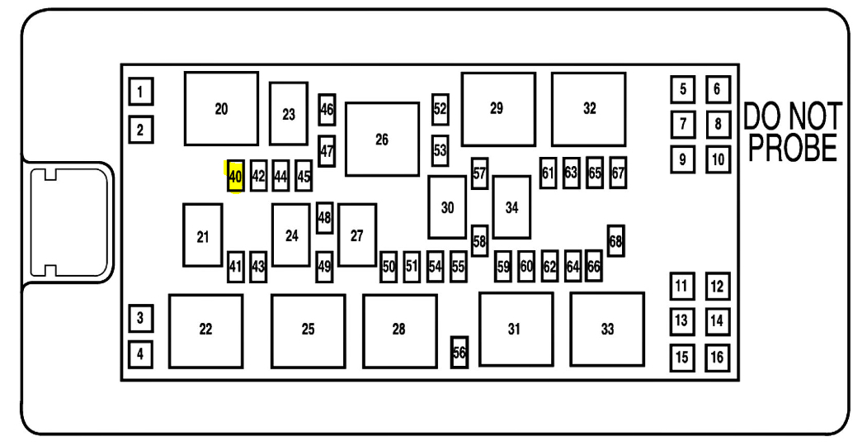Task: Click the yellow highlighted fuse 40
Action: coord(235,176)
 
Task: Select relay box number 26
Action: coord(382,140)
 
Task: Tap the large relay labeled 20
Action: coord(221,108)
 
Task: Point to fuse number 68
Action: coord(615,240)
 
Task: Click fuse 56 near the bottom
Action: coord(459,352)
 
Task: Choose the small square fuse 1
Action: coord(141,92)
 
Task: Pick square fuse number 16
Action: coord(717,358)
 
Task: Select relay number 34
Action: coord(511,207)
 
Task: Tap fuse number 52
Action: coord(441,108)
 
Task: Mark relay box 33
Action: coord(607,329)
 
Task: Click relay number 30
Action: coord(447,207)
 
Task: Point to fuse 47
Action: coord(327,151)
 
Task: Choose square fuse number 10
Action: coord(718,159)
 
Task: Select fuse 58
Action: coord(480,240)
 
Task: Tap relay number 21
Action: coord(203,235)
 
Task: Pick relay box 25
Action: coord(308,330)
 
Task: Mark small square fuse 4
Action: coord(141,355)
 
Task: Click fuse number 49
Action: coord(324,266)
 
